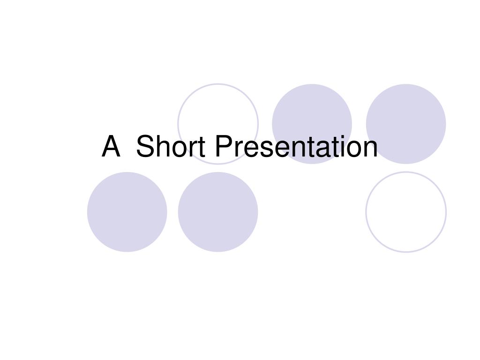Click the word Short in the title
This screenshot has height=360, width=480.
click(171, 146)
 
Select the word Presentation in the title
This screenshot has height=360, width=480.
click(296, 146)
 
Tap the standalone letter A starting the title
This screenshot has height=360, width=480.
click(111, 146)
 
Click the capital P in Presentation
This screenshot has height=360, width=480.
click(223, 146)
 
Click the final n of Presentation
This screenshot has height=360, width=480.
click(371, 149)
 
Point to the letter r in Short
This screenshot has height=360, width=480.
click(189, 149)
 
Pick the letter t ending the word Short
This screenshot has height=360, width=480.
click(199, 147)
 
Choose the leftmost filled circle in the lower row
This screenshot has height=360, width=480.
click(127, 212)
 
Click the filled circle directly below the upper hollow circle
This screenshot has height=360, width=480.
click(218, 212)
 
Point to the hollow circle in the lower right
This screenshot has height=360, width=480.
click(406, 212)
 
